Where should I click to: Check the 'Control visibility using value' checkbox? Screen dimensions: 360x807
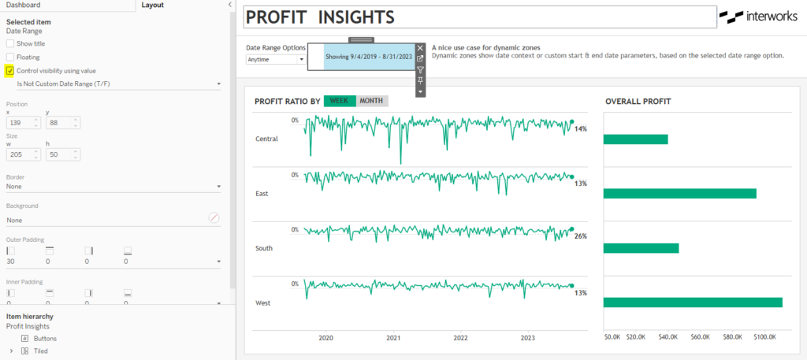tap(10, 71)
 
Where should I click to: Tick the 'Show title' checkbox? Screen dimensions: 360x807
tap(10, 43)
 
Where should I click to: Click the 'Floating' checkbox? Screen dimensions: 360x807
tap(10, 57)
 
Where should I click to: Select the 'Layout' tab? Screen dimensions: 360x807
tap(152, 5)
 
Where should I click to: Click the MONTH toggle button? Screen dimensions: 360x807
tap(371, 101)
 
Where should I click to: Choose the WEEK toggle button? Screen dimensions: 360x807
tap(339, 101)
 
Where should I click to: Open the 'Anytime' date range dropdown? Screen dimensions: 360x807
tap(275, 59)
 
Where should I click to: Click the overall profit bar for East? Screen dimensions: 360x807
tap(679, 194)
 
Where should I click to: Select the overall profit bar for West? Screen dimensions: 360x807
tap(692, 302)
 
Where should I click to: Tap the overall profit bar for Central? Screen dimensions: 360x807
tap(635, 139)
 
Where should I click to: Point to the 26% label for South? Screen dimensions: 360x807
tap(581, 236)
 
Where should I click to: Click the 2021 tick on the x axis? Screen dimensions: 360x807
tap(393, 338)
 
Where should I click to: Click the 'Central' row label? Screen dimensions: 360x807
tap(267, 139)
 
